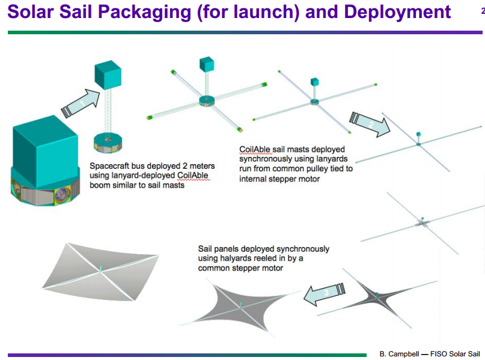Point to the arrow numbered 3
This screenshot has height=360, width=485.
point(325,293)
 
